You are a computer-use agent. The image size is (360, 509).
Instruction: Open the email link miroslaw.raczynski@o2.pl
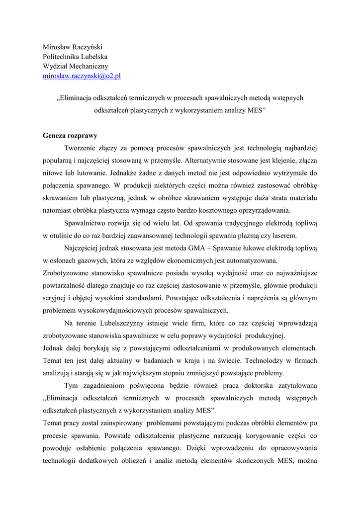click(82, 76)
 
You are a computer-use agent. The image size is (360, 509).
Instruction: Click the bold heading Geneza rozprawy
click(70, 135)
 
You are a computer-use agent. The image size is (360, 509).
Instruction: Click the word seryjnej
click(56, 298)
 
